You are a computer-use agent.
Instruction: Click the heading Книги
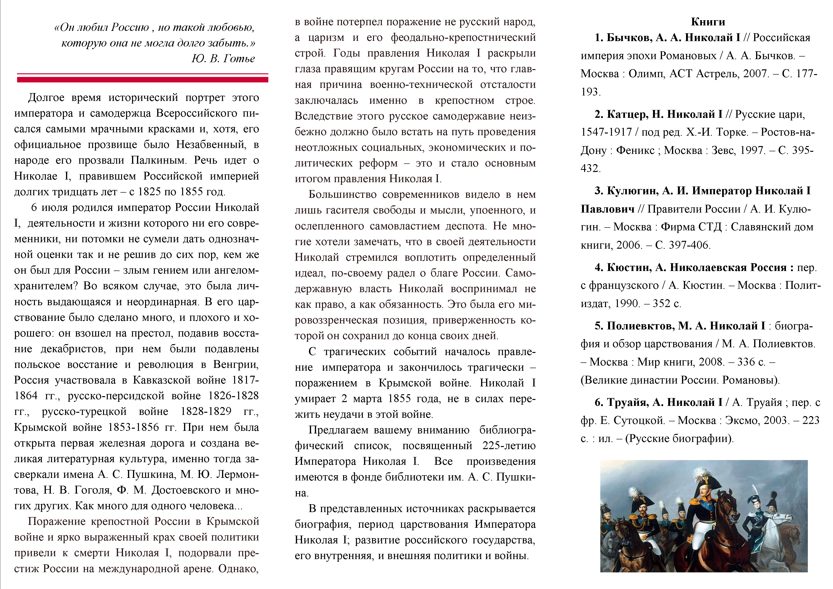[708, 22]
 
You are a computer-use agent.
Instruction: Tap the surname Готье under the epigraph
[239, 58]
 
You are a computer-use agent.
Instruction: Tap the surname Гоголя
[91, 490]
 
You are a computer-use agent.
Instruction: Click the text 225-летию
[509, 445]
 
